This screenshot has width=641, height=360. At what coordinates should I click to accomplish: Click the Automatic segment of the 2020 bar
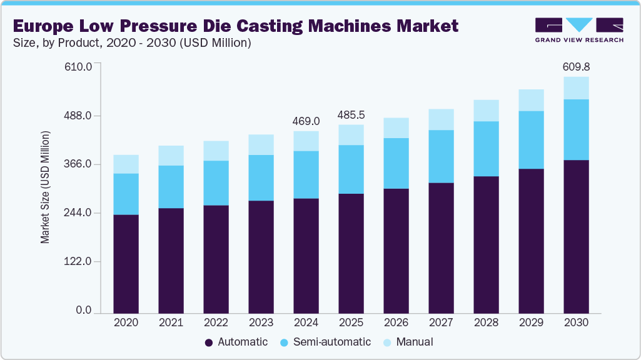(x=126, y=263)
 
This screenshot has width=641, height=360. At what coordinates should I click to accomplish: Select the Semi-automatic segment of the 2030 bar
(x=576, y=129)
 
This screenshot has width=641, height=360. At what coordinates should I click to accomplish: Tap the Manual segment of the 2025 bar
(x=351, y=134)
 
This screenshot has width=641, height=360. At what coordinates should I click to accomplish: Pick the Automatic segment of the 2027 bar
(x=441, y=247)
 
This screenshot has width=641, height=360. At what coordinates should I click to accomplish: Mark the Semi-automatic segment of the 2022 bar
(x=216, y=182)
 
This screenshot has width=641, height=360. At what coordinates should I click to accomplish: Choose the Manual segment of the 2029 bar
(x=531, y=100)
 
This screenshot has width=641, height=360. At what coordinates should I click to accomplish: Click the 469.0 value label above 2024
(x=306, y=121)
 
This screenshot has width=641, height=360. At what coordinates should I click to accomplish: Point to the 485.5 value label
(x=351, y=115)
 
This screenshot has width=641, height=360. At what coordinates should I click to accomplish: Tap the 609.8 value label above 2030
(x=576, y=66)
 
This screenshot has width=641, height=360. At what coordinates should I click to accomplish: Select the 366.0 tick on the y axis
(x=79, y=164)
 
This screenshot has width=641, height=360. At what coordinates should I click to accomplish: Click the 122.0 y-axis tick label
(x=79, y=262)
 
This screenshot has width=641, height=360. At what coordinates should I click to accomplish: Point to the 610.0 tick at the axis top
(x=79, y=67)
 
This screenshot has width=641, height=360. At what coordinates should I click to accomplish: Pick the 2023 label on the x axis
(x=261, y=322)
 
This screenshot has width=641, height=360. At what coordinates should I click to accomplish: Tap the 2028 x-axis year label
(x=486, y=322)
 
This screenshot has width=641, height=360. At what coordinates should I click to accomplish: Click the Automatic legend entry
(x=236, y=342)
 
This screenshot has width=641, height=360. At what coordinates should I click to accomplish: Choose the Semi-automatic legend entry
(x=325, y=342)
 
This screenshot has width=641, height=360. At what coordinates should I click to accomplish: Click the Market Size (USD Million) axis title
(x=46, y=187)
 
